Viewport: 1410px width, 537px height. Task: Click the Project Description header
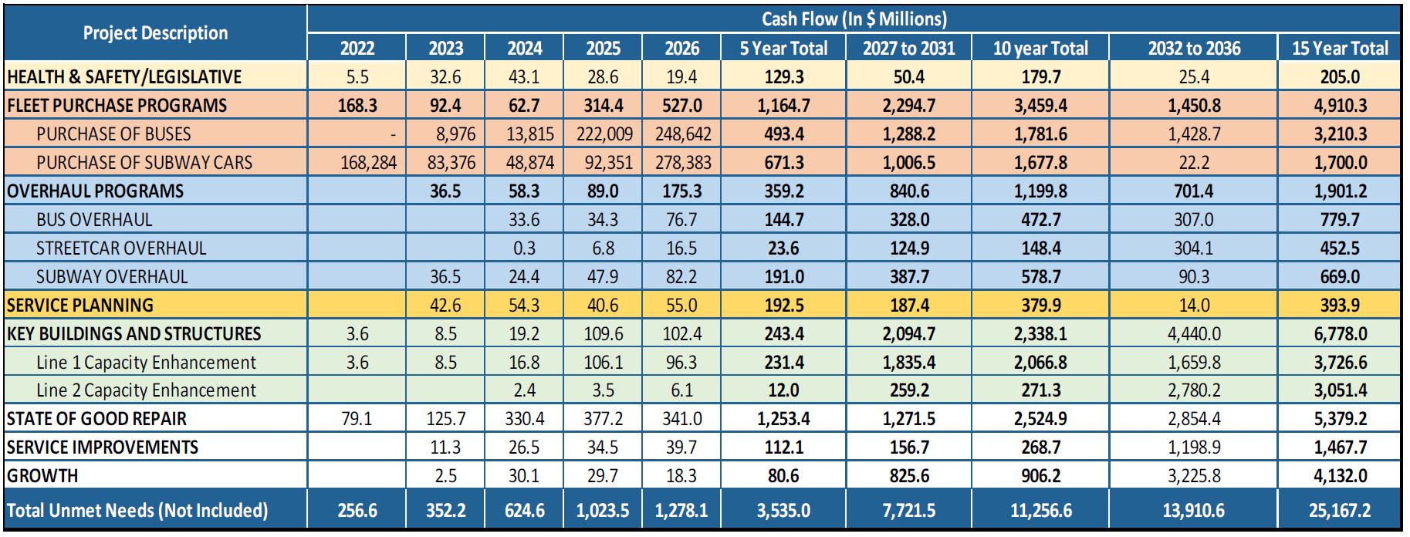coord(155,33)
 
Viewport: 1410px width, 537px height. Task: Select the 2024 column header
coord(525,48)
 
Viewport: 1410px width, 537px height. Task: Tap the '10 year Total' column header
coord(1040,48)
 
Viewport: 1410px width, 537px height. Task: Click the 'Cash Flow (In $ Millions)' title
coord(854,19)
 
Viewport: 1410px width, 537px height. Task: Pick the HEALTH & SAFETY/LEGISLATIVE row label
coord(124,76)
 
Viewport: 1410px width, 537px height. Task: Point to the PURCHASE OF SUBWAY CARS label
coord(144,162)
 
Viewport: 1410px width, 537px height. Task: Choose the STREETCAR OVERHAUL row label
coord(121,248)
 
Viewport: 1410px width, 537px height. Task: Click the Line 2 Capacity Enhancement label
coord(146,390)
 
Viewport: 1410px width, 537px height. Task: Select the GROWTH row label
coord(42,476)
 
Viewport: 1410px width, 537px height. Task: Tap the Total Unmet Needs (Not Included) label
coord(137,510)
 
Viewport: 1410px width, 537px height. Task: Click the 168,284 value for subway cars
coord(368,162)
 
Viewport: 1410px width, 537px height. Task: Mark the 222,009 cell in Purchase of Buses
coord(604,133)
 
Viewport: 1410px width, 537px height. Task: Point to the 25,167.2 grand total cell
coord(1340,510)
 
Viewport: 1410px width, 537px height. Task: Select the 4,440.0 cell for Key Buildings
coord(1194,333)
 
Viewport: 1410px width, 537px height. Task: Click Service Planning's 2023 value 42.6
coord(445,305)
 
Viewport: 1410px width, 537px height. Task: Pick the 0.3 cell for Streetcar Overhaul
coord(524,248)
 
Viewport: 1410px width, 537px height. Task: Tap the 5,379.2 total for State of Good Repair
coord(1340,419)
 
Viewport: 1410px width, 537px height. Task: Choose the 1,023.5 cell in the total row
coord(603,510)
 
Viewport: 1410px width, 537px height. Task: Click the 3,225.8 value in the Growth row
coord(1194,476)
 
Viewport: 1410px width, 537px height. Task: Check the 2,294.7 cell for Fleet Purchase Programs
coord(909,105)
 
